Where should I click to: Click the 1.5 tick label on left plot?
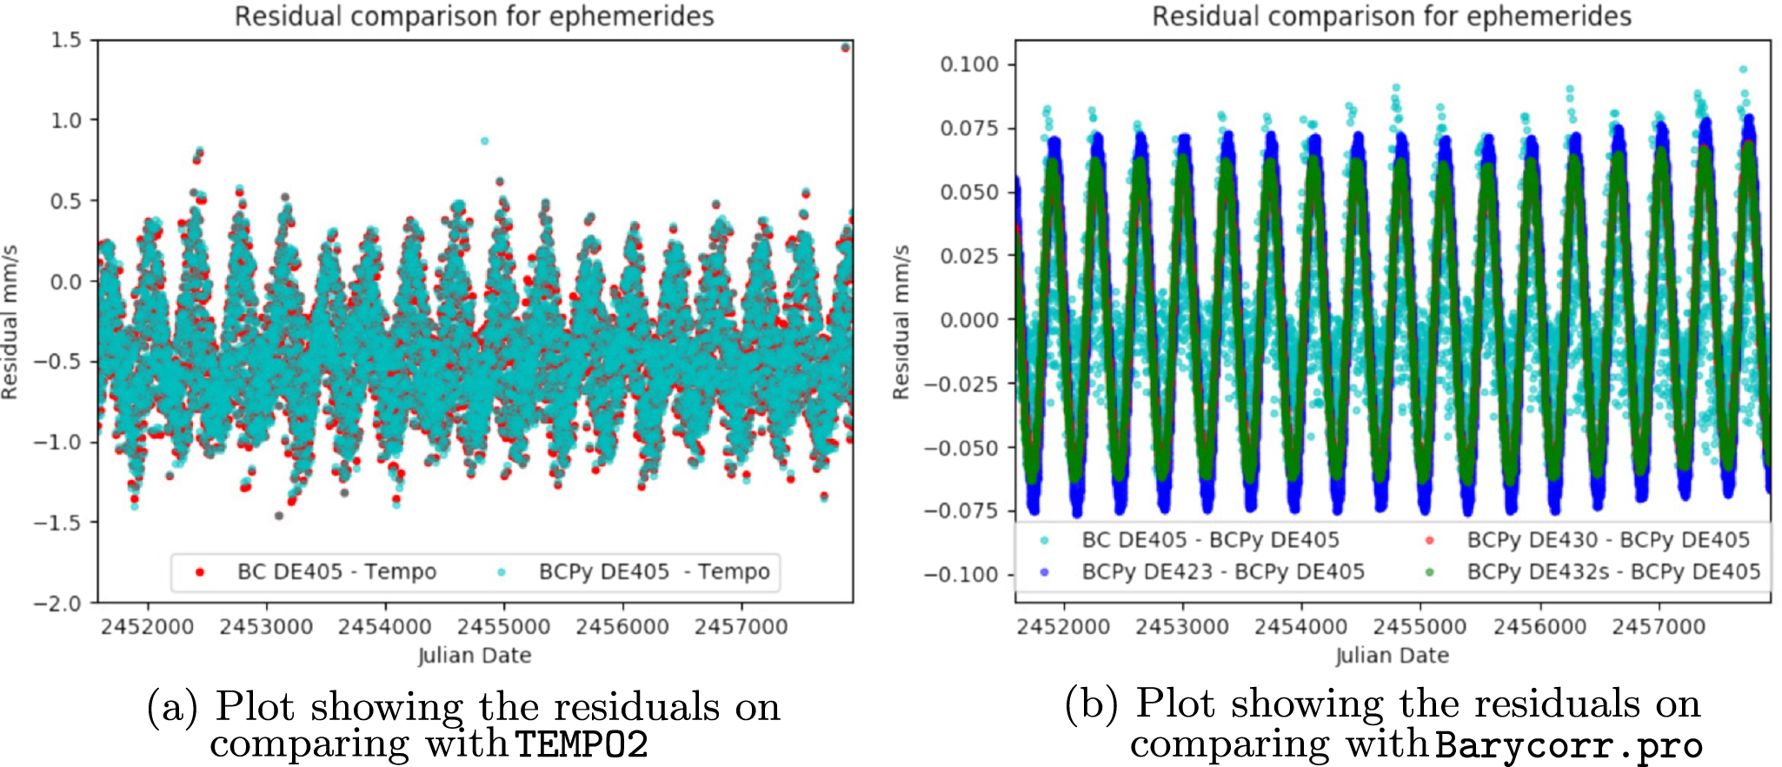coord(66,40)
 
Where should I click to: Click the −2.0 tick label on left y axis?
coord(57,604)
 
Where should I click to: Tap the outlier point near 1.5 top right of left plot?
coord(845,48)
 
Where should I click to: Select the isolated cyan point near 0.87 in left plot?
coord(484,141)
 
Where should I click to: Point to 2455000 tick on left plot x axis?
coord(504,626)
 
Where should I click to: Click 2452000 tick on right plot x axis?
coord(1063,626)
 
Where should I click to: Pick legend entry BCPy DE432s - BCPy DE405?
coord(1612,571)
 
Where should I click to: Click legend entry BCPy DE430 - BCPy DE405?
coord(1607,540)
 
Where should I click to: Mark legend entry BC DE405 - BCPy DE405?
coord(1210,540)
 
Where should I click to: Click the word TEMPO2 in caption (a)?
coord(582,745)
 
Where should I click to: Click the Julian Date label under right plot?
coord(1392,656)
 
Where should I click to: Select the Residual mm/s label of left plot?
coord(10,322)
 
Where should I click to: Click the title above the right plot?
coord(1392,16)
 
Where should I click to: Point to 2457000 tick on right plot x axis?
coord(1659,626)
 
